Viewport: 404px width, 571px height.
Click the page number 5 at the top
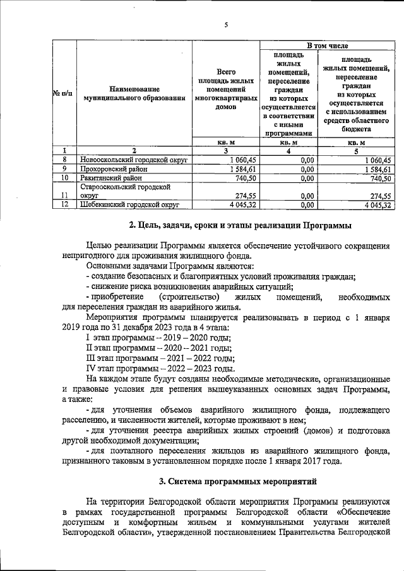225,25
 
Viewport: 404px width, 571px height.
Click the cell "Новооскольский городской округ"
134,160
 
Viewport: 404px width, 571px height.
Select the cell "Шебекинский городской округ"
129,204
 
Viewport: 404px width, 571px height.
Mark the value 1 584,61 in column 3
237,169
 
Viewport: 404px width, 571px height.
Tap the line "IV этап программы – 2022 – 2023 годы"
160,368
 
